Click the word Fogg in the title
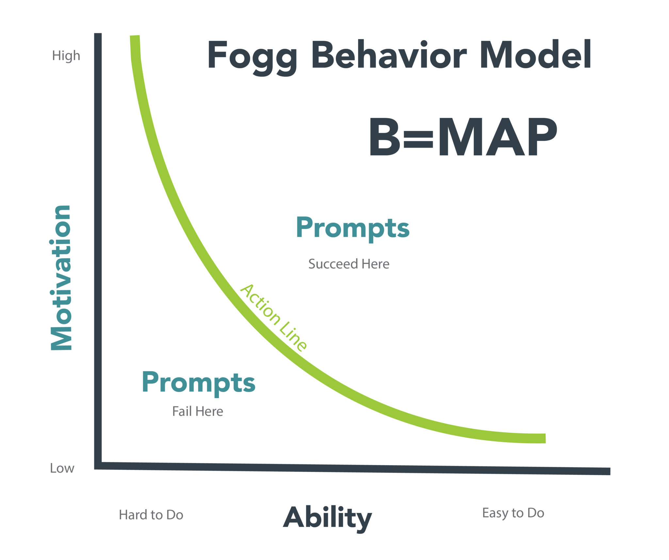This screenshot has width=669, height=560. (x=252, y=56)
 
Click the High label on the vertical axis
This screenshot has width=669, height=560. (x=66, y=56)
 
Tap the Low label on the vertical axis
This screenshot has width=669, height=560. (x=62, y=468)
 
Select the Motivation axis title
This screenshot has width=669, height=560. (x=61, y=278)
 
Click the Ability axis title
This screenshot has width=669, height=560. (x=327, y=518)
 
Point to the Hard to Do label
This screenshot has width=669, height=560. (x=151, y=515)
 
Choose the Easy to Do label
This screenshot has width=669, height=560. (x=513, y=513)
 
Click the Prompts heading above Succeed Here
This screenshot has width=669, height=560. (x=352, y=228)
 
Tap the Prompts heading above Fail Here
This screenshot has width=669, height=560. (x=198, y=383)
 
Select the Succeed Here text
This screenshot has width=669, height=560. (x=349, y=264)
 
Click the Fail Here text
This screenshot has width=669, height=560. (x=198, y=411)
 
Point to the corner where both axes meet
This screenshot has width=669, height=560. (x=98, y=466)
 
